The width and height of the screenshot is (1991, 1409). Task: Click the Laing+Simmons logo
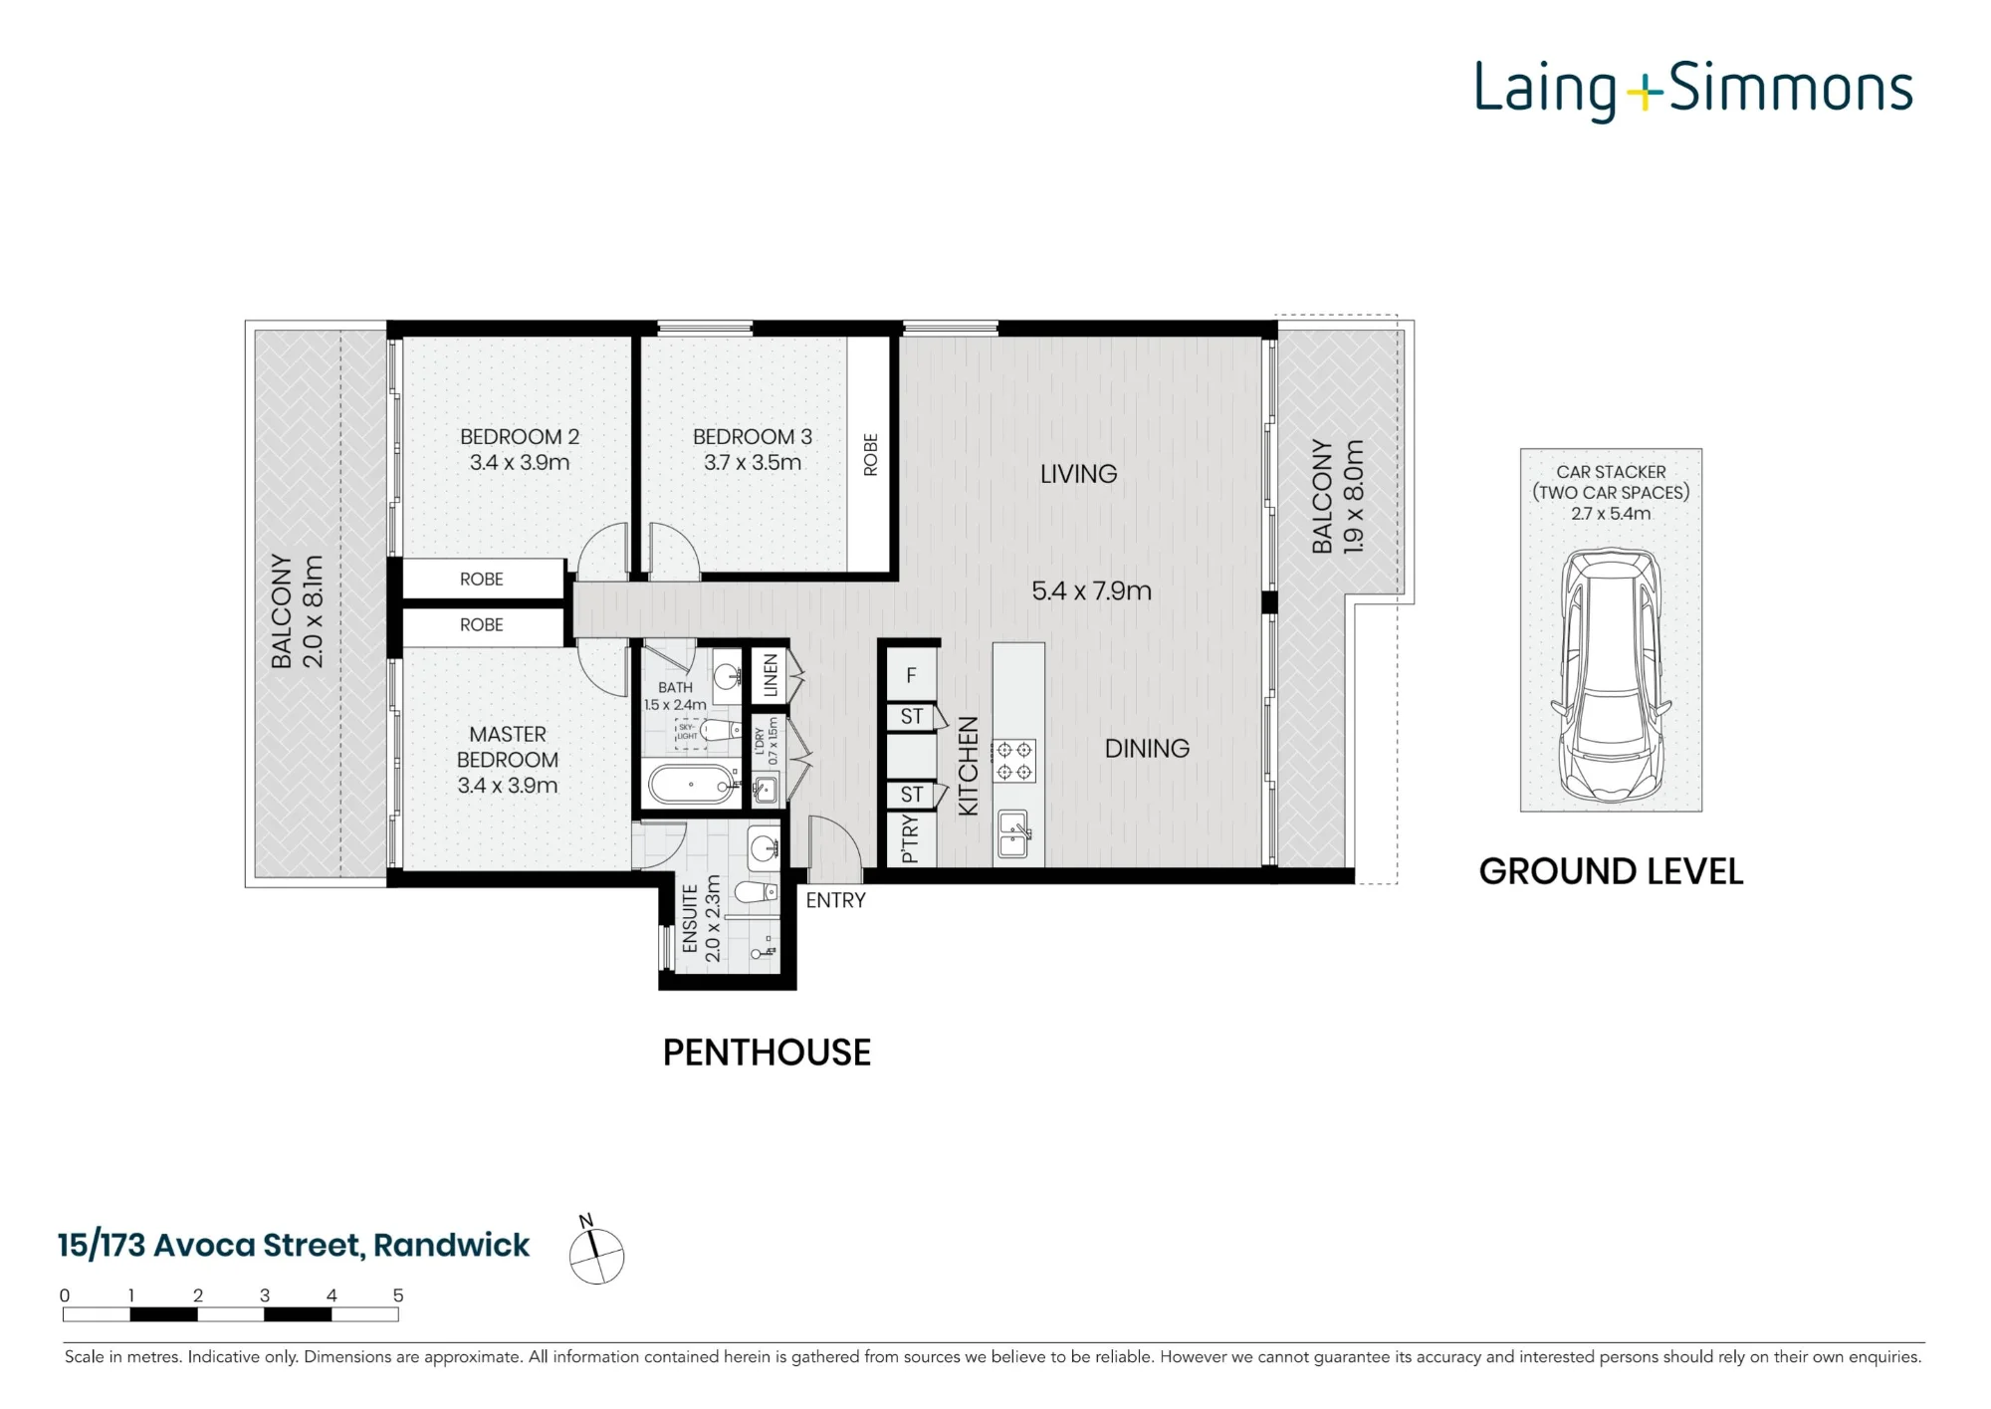(1693, 90)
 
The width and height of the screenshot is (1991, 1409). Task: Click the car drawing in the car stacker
(1611, 676)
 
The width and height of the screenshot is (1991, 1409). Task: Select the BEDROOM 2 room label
(520, 437)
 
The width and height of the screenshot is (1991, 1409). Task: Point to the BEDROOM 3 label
(753, 437)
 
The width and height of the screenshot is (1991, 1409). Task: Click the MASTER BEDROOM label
(508, 747)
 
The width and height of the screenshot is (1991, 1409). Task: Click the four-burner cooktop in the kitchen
(1014, 761)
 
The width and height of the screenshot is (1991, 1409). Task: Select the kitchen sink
(1014, 834)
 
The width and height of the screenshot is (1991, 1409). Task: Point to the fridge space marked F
(911, 676)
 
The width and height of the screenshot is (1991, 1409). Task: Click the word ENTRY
(835, 900)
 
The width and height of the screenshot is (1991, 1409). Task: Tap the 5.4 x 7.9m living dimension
(1091, 591)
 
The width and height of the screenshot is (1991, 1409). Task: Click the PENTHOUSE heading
(767, 1053)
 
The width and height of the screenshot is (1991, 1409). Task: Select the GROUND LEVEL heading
(1611, 871)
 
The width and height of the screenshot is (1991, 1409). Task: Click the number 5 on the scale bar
(398, 1295)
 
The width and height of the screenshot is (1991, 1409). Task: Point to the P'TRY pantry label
(909, 838)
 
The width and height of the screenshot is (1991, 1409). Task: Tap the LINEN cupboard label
(771, 675)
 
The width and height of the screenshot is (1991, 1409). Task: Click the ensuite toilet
(755, 890)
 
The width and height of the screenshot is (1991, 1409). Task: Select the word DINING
(1147, 749)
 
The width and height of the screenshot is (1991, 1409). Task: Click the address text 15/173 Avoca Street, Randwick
(294, 1246)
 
